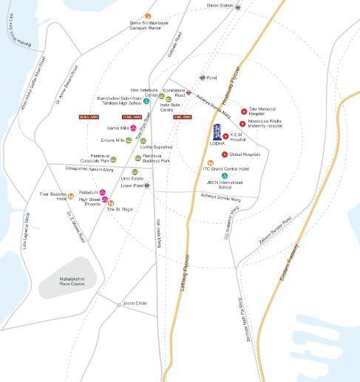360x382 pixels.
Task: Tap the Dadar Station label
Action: point(219,6)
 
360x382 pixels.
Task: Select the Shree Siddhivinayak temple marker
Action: point(148,16)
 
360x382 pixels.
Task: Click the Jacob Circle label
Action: point(135,304)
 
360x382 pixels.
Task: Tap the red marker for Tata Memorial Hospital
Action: point(242,111)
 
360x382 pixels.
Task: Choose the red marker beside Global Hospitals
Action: point(225,154)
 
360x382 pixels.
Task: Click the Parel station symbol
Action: point(202,77)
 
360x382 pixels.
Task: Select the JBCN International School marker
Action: point(224,176)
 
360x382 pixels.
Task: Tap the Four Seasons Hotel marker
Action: point(71,196)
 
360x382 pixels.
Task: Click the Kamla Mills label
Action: point(118,128)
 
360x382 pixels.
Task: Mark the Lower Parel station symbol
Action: point(148,185)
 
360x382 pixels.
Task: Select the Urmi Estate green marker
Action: point(135,171)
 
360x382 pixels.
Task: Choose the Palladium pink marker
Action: point(103,192)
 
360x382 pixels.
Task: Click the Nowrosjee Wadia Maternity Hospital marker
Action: point(242,123)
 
